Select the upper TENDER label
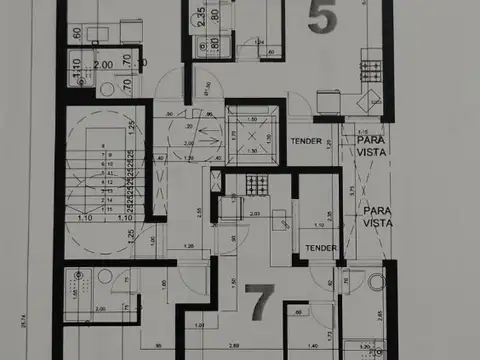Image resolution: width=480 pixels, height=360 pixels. click(x=306, y=141)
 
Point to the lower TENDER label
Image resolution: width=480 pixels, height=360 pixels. click(x=320, y=249)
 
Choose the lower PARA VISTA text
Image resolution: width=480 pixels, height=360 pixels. click(x=377, y=216)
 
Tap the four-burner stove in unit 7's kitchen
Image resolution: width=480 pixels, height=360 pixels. click(x=254, y=184)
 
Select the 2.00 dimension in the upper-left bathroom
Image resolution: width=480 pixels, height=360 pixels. click(x=102, y=65)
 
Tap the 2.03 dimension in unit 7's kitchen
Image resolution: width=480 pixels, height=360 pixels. click(x=254, y=213)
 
